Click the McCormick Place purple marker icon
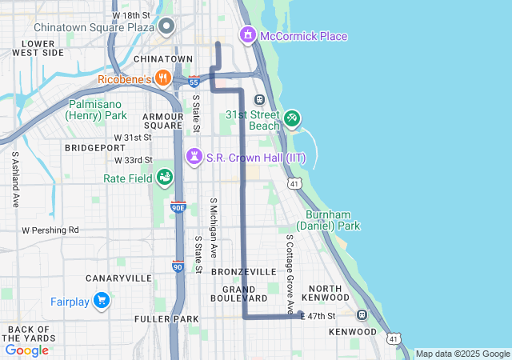tap(248, 35)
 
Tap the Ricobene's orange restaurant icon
tap(163, 78)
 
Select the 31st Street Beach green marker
tap(292, 119)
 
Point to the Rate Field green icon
tap(165, 176)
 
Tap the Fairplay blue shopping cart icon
tap(101, 301)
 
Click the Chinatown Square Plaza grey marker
tap(167, 27)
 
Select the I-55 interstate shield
tap(194, 81)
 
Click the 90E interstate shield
tap(178, 207)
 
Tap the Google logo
tap(27, 350)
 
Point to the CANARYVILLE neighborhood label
tap(118, 278)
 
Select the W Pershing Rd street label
tap(50, 230)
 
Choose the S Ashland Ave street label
tap(15, 180)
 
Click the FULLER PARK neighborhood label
tap(166, 319)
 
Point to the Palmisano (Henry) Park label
tap(98, 110)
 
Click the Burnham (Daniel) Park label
tap(333, 220)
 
